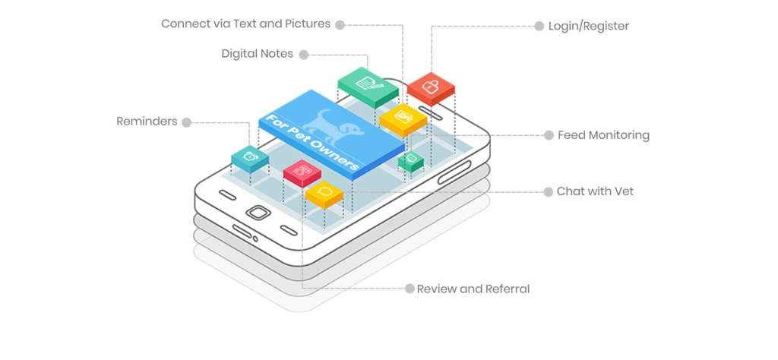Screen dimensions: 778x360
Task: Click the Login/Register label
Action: point(589,27)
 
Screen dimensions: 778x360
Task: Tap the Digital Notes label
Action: point(257,54)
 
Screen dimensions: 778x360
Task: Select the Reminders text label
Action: point(147,122)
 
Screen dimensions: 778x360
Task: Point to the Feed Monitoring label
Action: point(603,135)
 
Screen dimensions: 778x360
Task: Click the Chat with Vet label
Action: point(595,191)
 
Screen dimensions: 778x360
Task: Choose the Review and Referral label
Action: point(473,289)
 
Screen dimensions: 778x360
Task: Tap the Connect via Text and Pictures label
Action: point(245,24)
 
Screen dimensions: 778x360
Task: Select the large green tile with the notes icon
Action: point(368,87)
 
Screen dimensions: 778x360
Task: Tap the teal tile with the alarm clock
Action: point(250,159)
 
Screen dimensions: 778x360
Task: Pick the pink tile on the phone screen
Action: point(302,172)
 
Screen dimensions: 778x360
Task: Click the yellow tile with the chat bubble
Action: point(324,194)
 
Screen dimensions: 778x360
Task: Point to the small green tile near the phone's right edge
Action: point(411,162)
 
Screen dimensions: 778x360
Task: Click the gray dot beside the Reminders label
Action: point(187,122)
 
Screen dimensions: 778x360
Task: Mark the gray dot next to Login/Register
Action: point(539,27)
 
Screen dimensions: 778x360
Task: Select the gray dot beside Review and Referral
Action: point(410,289)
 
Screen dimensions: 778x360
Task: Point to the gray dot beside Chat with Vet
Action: point(549,192)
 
